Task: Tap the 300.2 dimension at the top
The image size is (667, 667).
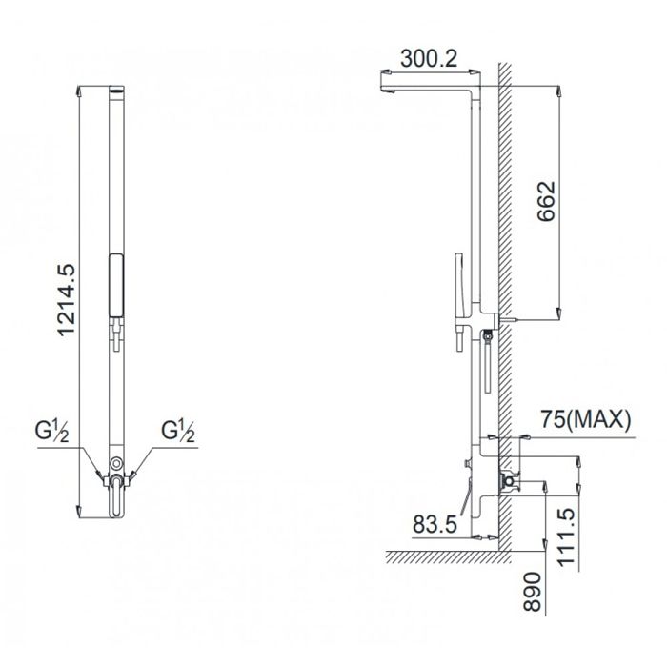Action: point(430,59)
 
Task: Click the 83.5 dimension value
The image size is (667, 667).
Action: point(437,523)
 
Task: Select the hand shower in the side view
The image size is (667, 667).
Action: point(457,286)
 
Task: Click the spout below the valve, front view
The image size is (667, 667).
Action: point(116,500)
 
